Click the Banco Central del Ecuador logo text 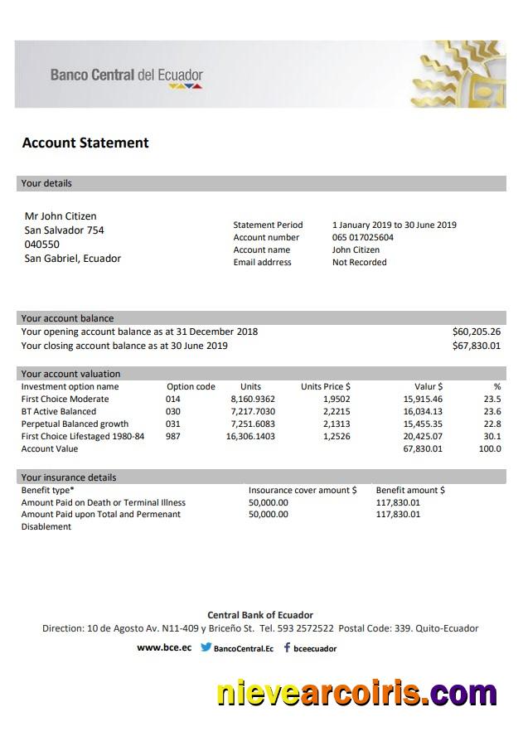126,75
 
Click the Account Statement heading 85,143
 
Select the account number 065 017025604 363,237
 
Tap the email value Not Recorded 359,262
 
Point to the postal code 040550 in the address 41,245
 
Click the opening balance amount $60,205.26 476,332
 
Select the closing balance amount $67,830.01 476,346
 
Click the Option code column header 191,386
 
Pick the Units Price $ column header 325,386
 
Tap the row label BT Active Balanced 58,411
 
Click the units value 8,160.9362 253,399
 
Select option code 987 172,436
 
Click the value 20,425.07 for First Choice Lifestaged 423,436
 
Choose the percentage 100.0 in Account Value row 490,448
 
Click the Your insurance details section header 69,477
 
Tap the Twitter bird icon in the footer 206,648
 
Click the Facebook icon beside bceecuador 287,648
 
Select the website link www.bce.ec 164,648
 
